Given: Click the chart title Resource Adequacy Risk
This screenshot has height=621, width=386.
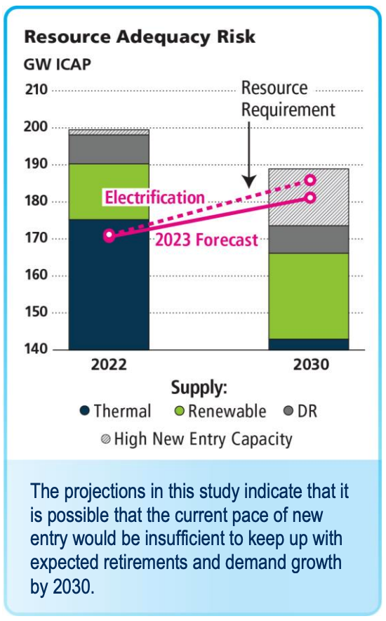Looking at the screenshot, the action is coord(140,37).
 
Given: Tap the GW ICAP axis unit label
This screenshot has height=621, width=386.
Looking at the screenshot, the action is coord(58,64).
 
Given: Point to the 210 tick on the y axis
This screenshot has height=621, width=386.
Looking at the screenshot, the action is coord(36,89).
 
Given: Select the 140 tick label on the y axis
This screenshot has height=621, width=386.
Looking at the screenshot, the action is coord(36,349).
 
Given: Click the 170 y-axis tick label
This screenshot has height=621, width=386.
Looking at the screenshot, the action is coord(36,237).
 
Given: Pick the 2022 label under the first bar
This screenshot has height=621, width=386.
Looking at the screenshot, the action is coord(109,365).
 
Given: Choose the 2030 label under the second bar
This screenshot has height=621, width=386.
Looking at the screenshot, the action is coord(311,365).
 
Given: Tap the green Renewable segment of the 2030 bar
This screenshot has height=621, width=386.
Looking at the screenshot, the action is coord(309,296).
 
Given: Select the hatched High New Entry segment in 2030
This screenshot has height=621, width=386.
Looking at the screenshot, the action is coord(309,197).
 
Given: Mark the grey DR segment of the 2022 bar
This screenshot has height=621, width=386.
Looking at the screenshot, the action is coord(109,150).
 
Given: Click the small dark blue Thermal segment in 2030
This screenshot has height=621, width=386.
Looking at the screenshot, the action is coord(309,344).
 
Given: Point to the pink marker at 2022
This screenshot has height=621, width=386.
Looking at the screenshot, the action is coord(109,235).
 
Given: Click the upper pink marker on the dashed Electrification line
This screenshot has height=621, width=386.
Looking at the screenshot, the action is coord(311,181).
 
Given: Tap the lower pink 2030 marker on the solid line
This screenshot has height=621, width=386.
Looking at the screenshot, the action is coord(311,197).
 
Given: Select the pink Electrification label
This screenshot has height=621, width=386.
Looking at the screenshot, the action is coord(154,197).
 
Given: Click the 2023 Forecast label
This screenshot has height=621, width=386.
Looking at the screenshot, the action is coord(206,240).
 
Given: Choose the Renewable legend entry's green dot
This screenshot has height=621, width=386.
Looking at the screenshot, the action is coord(180,411).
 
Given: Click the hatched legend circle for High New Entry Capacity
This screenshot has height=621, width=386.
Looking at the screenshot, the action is coord(105,439).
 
